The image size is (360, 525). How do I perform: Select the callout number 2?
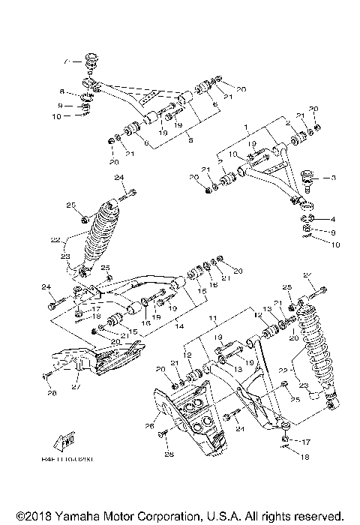click(x=288, y=123)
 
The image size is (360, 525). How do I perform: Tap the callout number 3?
click(x=335, y=178)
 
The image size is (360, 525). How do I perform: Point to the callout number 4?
click(x=334, y=219)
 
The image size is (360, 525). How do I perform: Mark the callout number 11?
click(x=212, y=319)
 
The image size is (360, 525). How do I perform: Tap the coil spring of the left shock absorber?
click(x=103, y=234)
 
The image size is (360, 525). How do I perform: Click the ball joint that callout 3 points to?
click(x=308, y=178)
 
